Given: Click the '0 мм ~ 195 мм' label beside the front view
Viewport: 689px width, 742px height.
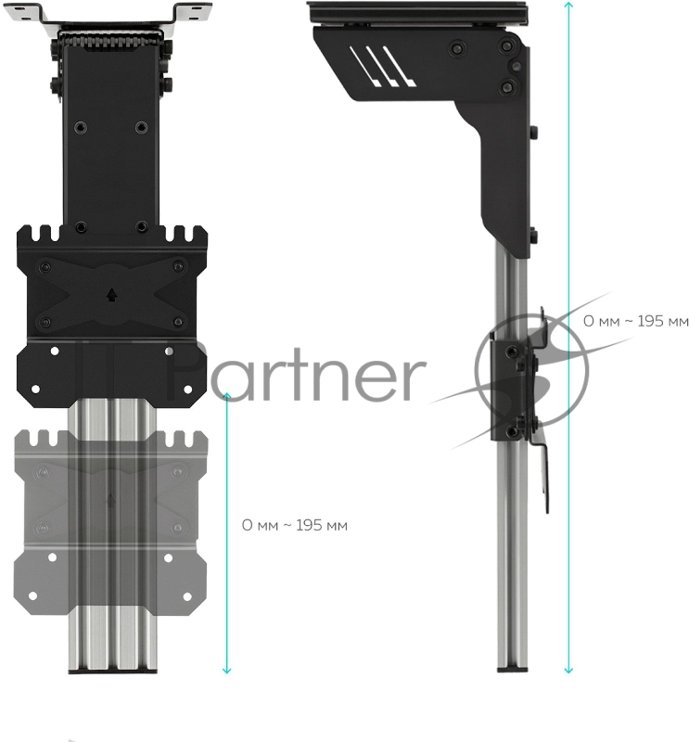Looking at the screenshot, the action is click(294, 525).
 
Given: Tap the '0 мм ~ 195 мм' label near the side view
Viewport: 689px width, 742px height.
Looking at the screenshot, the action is click(635, 321).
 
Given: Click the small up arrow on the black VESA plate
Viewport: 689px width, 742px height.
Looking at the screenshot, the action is click(111, 295).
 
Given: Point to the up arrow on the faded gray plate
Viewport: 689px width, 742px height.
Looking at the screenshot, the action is click(111, 500).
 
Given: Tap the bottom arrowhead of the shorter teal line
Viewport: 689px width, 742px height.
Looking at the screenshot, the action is click(227, 671).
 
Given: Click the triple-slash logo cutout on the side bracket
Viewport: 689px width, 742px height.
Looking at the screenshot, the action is click(382, 66).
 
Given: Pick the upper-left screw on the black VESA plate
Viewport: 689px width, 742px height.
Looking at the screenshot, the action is click(45, 267).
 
